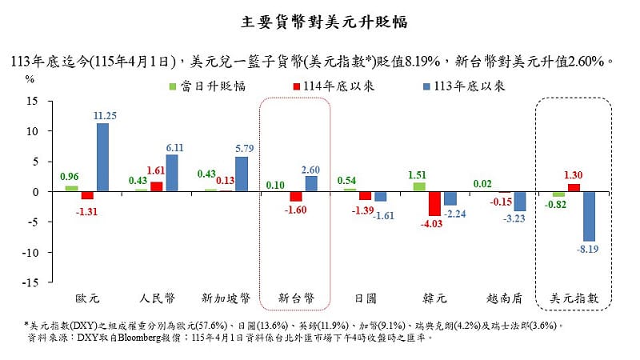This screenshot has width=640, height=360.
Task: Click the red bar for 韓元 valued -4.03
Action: pos(434,204)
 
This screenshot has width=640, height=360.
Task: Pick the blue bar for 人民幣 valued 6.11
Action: pos(171,174)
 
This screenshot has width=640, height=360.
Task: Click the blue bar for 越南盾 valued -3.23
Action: pos(519,202)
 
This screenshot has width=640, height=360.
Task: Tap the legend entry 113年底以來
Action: pos(460,86)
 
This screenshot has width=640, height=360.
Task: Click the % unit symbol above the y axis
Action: pos(30,78)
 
